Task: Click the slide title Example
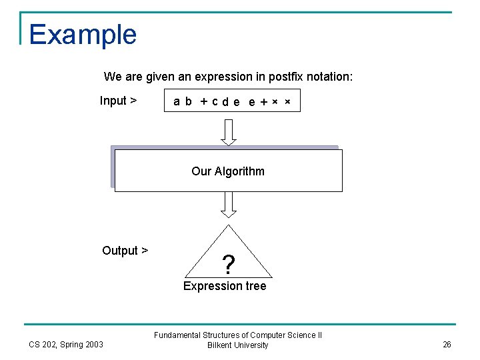point(83,35)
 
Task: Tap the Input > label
point(118,101)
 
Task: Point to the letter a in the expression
point(177,101)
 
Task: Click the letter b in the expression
point(189,101)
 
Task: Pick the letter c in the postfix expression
point(215,101)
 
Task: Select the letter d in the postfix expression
point(225,101)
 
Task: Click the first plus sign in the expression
point(203,101)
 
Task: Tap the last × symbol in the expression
point(287,101)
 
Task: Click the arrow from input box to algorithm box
point(229,131)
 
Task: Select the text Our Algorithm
point(228,171)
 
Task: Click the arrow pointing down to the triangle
point(229,205)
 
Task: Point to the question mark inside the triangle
point(229,265)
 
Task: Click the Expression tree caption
point(225,286)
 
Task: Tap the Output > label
point(125,251)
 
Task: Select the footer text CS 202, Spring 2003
point(66,344)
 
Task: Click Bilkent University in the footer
point(238,345)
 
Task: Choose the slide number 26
point(447,344)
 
